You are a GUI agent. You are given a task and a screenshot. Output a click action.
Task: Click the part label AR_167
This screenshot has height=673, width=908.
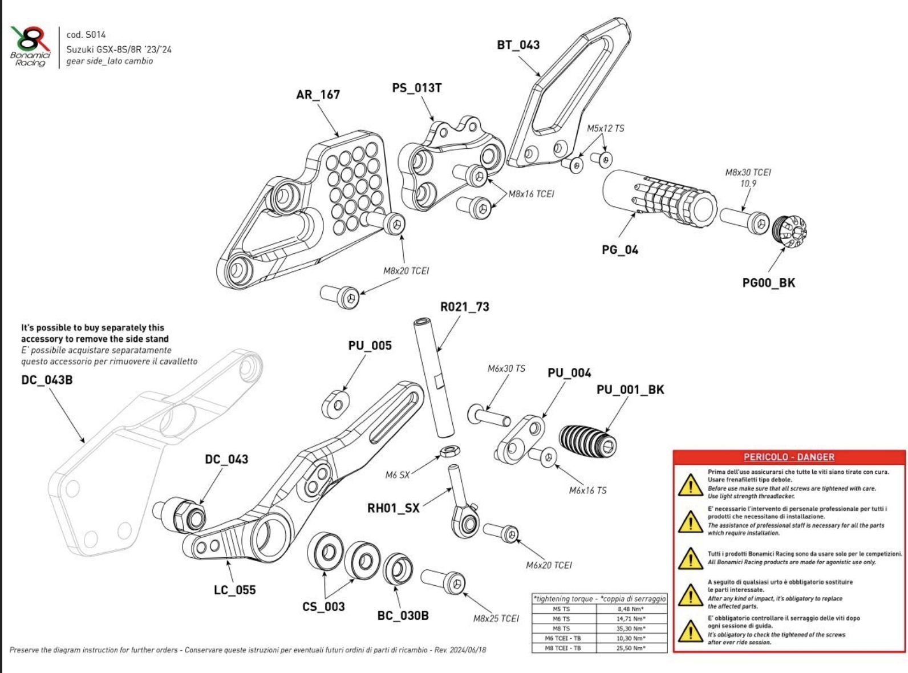tap(318, 95)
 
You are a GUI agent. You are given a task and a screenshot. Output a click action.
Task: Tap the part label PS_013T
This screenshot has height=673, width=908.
tap(416, 88)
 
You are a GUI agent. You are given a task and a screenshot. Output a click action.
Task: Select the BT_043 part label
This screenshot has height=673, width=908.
tap(518, 45)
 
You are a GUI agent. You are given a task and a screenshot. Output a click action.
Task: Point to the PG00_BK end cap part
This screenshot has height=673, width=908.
tap(789, 231)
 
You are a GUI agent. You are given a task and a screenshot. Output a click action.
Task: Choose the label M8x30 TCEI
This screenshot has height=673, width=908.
tap(748, 172)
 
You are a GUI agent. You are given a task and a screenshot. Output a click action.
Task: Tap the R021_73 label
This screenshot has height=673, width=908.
tap(464, 307)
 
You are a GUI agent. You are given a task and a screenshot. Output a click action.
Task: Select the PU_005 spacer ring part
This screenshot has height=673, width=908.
tap(336, 404)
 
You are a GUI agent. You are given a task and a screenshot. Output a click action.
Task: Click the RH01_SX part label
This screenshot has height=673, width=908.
tap(393, 508)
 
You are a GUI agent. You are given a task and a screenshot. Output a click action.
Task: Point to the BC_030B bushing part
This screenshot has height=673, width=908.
tap(398, 569)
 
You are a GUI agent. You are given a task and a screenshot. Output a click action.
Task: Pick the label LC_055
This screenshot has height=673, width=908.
tap(234, 590)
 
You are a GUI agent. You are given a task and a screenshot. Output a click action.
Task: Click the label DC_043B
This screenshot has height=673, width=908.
tap(47, 380)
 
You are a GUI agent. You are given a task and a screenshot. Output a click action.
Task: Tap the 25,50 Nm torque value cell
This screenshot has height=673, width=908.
tap(631, 648)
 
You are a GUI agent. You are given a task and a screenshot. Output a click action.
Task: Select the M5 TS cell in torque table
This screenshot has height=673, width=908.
tap(561, 609)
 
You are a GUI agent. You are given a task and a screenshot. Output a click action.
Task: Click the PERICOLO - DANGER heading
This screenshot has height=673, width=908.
tap(789, 457)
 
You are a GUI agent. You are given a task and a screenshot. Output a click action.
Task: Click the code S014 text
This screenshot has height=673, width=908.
tap(86, 35)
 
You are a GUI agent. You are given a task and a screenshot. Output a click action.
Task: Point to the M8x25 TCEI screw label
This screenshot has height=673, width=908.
tap(496, 618)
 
